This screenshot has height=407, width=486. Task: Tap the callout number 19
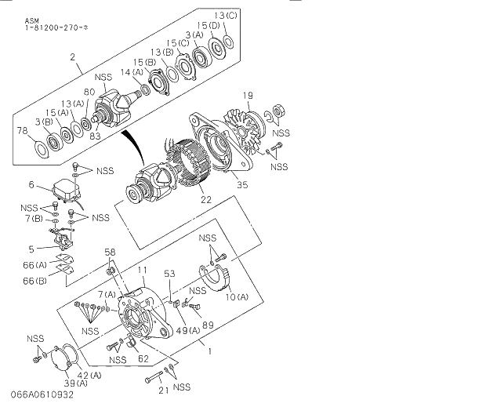click(x=247, y=96)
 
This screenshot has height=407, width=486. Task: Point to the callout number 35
click(x=242, y=186)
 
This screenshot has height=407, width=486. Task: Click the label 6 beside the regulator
click(x=31, y=185)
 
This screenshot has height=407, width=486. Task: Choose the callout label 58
click(x=111, y=252)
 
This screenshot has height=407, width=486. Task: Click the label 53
click(x=169, y=274)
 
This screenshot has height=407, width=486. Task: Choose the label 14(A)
click(x=131, y=72)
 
